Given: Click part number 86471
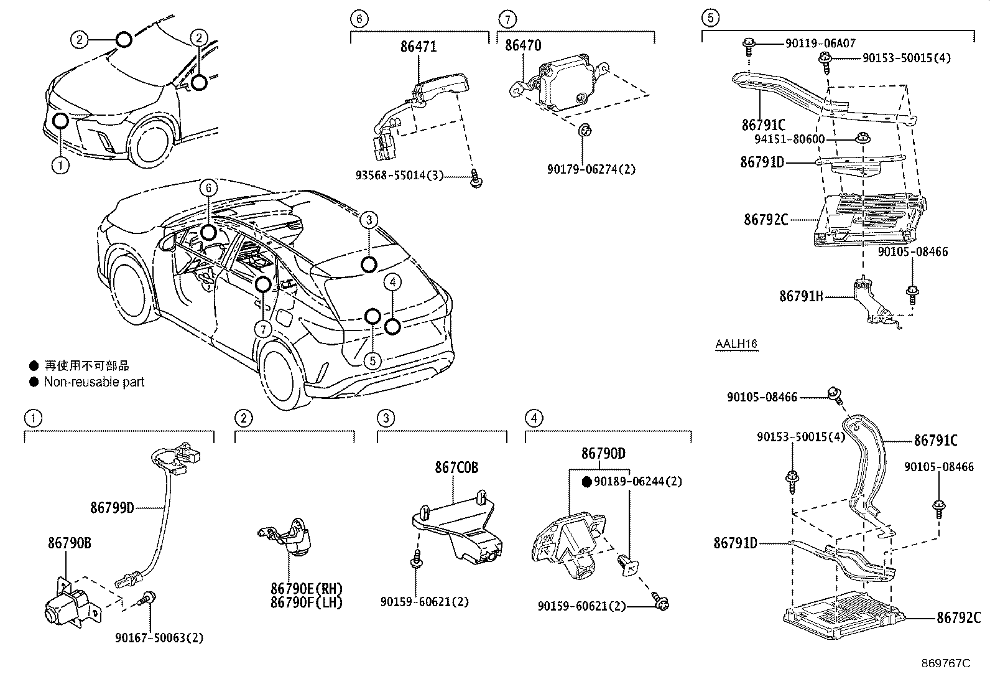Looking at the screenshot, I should (x=419, y=47).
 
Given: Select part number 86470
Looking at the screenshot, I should (x=523, y=45).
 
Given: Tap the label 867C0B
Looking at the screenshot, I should (x=456, y=467).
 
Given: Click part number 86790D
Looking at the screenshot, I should (x=603, y=454).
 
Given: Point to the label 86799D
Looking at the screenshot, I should (x=112, y=507).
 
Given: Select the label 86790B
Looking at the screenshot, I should (x=70, y=543).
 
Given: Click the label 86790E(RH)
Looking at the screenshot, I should (x=307, y=589).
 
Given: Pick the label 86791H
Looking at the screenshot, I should (x=801, y=297).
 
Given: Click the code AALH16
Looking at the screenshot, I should (x=736, y=344).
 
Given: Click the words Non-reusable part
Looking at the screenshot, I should (x=94, y=382).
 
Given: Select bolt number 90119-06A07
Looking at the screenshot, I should (x=820, y=43).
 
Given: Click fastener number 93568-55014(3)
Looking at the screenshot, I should (x=399, y=176).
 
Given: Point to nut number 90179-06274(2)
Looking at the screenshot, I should (x=591, y=169).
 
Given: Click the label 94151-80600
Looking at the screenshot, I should (x=790, y=139).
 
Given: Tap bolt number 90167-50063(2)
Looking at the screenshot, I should (x=159, y=637).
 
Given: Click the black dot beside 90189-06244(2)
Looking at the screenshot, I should (x=586, y=481).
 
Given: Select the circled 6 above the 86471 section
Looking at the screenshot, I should (x=359, y=19).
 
